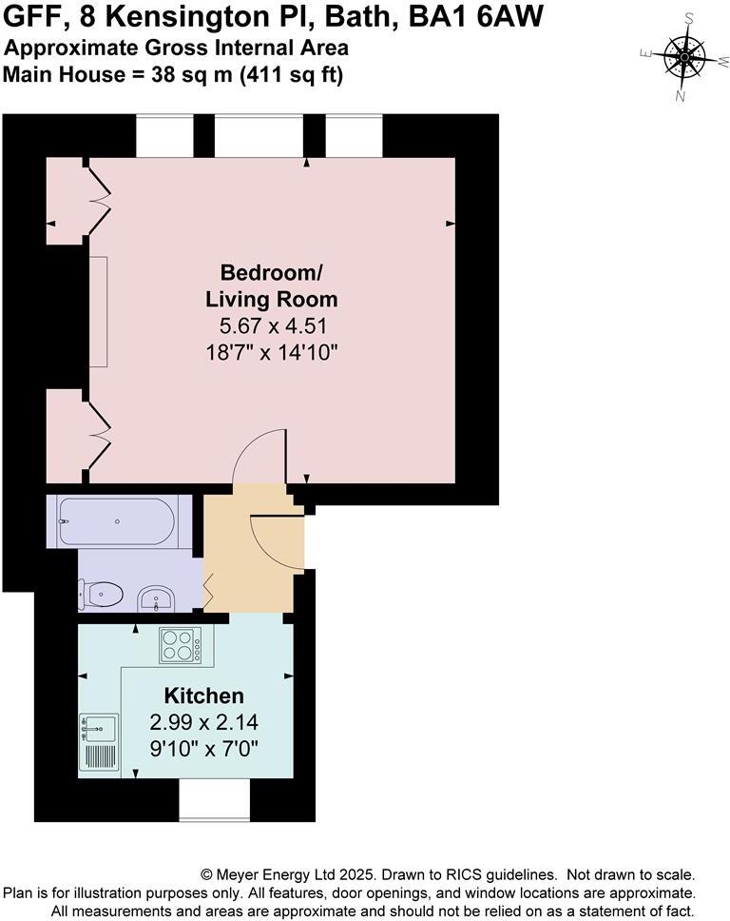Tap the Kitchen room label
pos(203,696)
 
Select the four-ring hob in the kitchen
pos(180,646)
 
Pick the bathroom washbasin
pos(155,598)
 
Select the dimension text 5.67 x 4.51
pos(271,325)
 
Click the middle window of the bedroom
pos(259,135)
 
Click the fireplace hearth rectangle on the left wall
pos(99,311)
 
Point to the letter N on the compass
pos(680,95)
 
